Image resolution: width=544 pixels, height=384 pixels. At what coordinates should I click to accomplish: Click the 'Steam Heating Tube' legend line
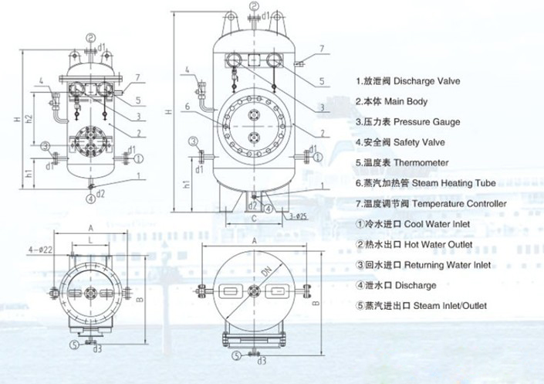click(426, 183)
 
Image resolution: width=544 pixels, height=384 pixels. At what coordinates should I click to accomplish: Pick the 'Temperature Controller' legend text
click(431, 203)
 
